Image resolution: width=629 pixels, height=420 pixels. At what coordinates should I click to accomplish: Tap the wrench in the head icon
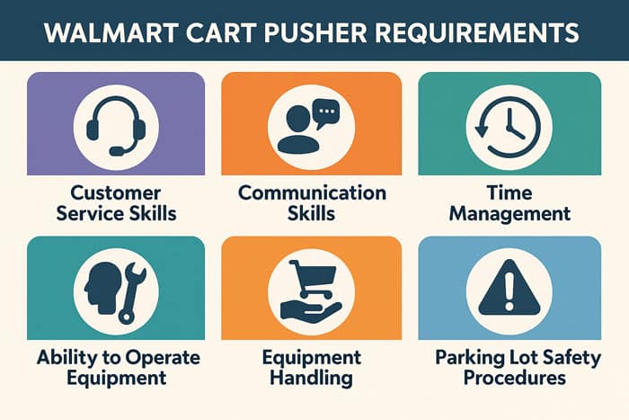pyautogui.click(x=128, y=290)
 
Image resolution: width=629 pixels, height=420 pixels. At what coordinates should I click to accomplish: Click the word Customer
pyautogui.click(x=115, y=193)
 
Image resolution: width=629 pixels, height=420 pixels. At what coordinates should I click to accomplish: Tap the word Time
pyautogui.click(x=509, y=193)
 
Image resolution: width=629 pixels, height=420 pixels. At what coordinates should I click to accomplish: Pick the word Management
pyautogui.click(x=509, y=214)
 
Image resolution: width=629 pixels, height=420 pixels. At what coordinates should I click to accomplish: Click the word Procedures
pyautogui.click(x=514, y=378)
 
